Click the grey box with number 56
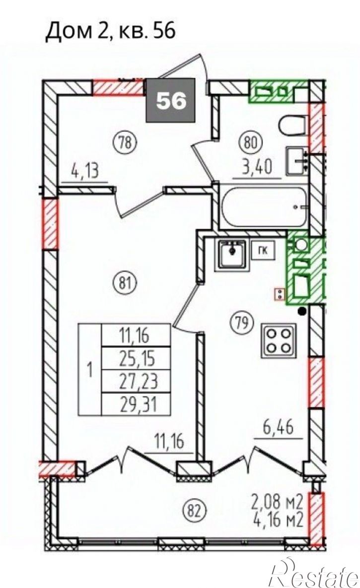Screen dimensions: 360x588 point(171,100)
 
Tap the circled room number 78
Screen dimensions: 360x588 point(126,142)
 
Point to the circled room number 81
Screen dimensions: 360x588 point(126,282)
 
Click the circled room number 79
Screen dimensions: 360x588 point(242,322)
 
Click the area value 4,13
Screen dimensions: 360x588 point(84,171)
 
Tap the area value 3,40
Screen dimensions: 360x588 point(257,167)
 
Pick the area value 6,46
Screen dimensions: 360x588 point(278,427)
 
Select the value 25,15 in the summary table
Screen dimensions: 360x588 point(137,359)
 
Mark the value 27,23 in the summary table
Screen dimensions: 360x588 point(138,382)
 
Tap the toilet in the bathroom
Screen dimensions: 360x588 point(294,128)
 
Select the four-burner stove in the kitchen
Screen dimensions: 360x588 point(279,340)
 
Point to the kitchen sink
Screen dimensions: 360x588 point(231,255)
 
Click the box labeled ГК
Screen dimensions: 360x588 point(264,251)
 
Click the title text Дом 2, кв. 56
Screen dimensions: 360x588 point(110,31)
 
